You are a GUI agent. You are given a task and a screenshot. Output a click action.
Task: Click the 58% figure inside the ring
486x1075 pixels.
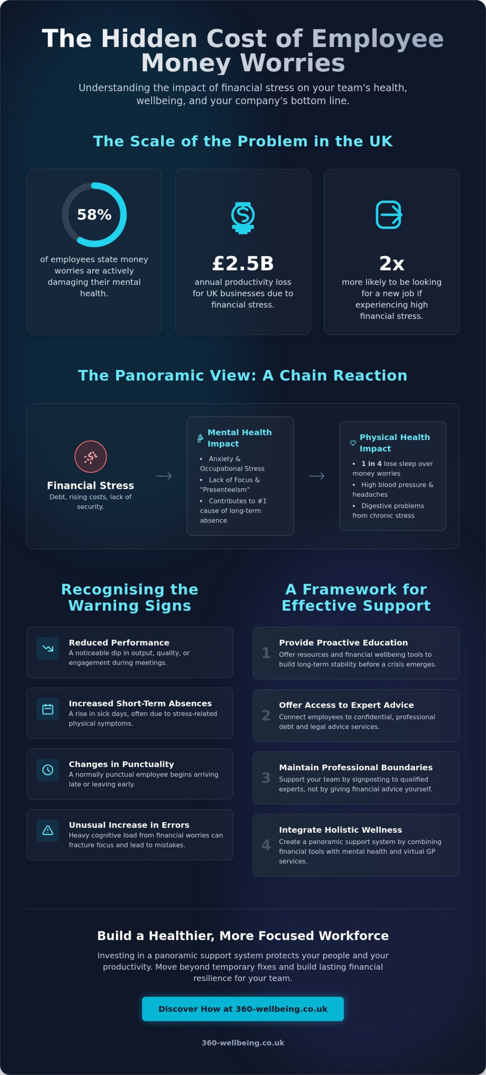94,215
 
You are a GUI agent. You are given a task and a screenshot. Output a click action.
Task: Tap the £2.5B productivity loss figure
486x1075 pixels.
243,263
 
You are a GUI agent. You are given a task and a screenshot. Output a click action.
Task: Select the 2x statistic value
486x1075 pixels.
392,263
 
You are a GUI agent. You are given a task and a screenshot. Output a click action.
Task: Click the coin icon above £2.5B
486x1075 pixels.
243,218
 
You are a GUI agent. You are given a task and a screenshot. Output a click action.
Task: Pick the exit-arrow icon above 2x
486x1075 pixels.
389,215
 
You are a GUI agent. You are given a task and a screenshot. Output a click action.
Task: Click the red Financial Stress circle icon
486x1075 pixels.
90,456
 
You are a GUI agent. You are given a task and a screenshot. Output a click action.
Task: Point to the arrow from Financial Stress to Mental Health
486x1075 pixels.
164,476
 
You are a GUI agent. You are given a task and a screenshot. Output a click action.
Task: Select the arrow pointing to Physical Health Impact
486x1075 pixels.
316,476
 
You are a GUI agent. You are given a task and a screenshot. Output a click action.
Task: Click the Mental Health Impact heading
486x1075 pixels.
240,438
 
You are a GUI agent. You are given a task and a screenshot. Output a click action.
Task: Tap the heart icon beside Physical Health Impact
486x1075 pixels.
353,443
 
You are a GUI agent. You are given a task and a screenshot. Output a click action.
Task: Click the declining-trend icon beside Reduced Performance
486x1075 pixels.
48,648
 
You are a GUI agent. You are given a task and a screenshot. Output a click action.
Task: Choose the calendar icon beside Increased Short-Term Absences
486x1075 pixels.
48,709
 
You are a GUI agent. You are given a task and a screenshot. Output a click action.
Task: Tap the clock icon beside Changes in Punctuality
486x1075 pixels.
48,770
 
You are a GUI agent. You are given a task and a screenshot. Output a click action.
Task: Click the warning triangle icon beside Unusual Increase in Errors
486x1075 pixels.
48,830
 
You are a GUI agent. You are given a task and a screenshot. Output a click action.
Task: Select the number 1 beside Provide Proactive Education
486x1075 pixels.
266,653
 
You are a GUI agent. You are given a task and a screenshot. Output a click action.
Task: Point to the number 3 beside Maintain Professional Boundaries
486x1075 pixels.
266,778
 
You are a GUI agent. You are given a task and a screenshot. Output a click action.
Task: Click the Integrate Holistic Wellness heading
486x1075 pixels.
340,830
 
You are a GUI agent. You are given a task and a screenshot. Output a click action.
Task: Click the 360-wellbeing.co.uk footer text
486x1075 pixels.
243,1043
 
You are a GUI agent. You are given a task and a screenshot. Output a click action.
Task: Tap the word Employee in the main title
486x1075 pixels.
377,39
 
